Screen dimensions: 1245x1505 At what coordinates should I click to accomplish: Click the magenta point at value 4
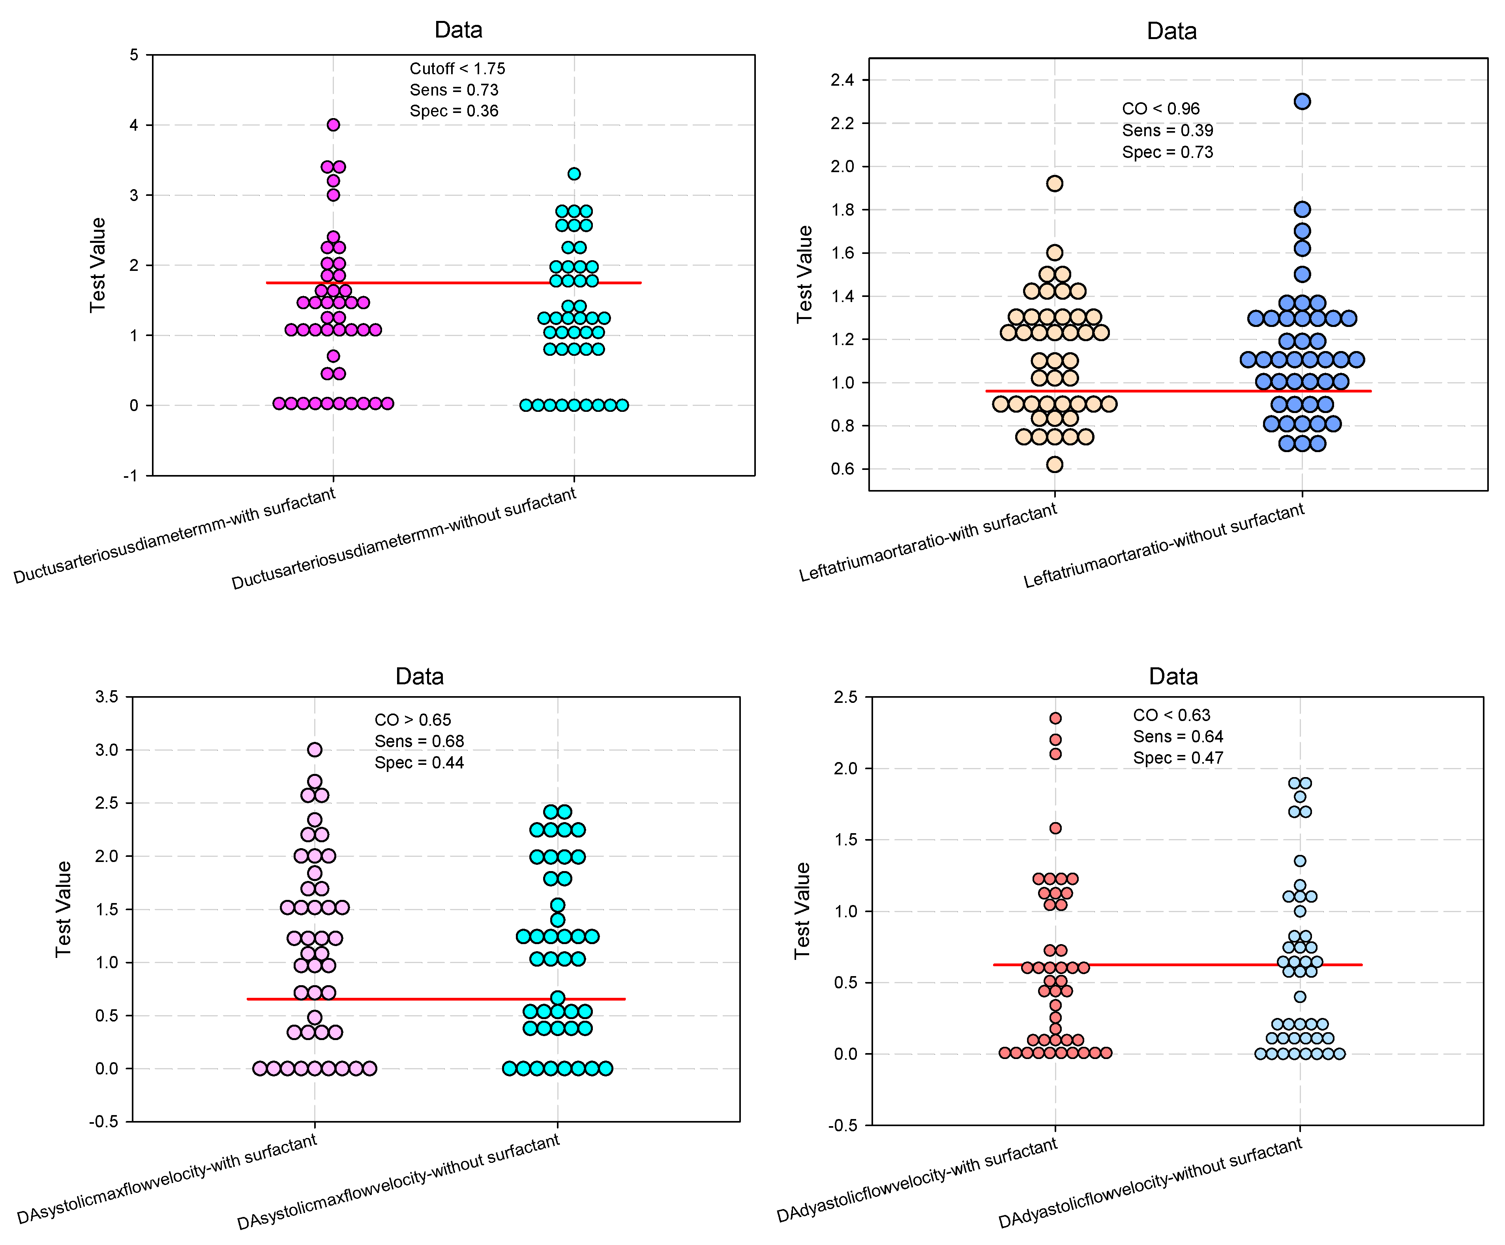pos(333,125)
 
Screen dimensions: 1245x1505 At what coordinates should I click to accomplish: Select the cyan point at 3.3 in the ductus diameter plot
pos(574,173)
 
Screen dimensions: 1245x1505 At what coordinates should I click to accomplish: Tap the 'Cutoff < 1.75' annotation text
pos(457,69)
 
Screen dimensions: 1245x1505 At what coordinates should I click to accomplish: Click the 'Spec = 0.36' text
pos(454,111)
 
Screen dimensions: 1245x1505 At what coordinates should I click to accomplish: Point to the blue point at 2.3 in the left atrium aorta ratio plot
pos(1302,101)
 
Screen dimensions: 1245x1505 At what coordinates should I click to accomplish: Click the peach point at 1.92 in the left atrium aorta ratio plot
pos(1054,184)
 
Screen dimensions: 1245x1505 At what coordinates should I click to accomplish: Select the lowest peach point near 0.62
pos(1054,464)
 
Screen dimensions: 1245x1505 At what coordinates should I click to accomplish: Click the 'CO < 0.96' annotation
pos(1160,109)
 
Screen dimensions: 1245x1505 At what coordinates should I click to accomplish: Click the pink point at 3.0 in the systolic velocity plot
pos(315,750)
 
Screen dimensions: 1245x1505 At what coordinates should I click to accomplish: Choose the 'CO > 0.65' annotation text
pos(413,719)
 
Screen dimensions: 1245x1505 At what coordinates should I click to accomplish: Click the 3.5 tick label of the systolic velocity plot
pos(107,697)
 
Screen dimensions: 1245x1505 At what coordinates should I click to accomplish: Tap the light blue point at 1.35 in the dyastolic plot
pos(1300,861)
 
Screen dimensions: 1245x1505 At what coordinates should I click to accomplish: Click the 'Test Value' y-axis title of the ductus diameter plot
pos(97,265)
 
